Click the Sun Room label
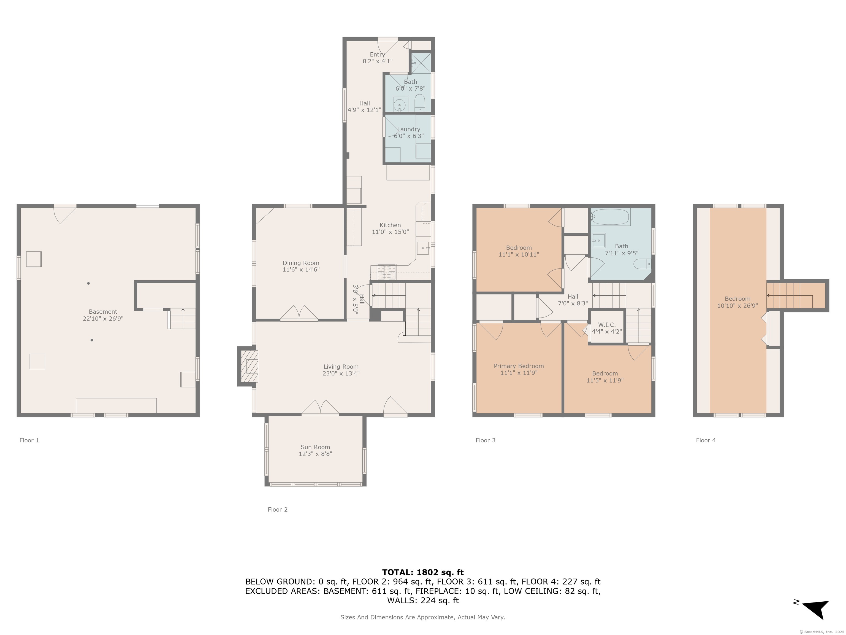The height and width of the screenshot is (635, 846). pyautogui.click(x=315, y=447)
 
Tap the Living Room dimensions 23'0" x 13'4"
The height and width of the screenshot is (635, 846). pyautogui.click(x=341, y=373)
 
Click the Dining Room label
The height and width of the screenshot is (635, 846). pyautogui.click(x=301, y=263)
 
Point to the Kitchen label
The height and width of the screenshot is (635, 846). pyautogui.click(x=390, y=225)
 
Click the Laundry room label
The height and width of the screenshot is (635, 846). pyautogui.click(x=408, y=129)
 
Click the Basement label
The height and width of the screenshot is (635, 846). pyautogui.click(x=103, y=311)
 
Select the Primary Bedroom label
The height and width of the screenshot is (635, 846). pyautogui.click(x=519, y=366)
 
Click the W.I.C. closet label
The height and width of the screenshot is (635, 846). pyautogui.click(x=607, y=325)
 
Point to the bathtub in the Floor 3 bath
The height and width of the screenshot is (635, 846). pyautogui.click(x=611, y=217)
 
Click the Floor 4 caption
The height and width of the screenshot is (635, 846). pyautogui.click(x=706, y=440)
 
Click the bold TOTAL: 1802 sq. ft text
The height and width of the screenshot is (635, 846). pyautogui.click(x=423, y=572)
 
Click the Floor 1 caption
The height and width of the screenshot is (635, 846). pyautogui.click(x=29, y=440)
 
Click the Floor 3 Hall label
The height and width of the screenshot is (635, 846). pyautogui.click(x=573, y=297)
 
